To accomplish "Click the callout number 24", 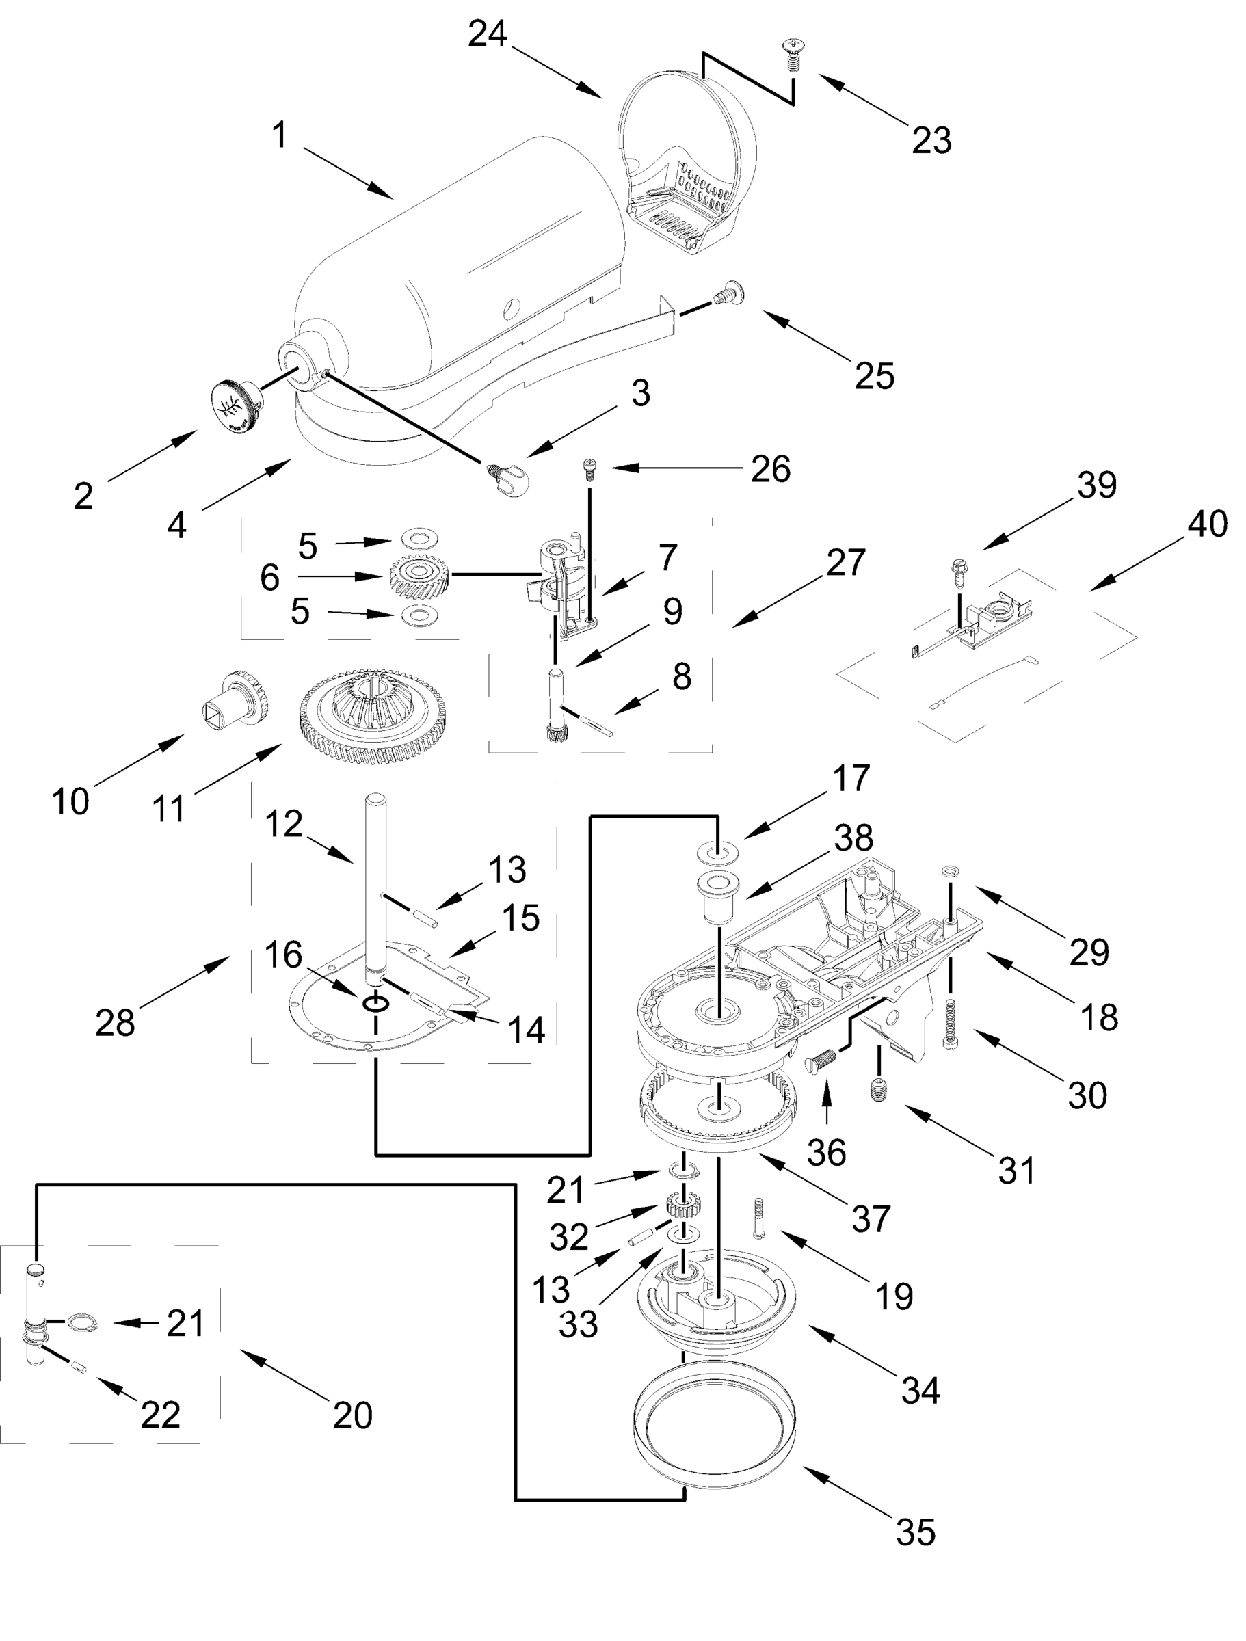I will click(488, 34).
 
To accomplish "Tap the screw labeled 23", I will click(791, 56).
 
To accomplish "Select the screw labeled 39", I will click(957, 572).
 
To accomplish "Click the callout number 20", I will click(352, 1415).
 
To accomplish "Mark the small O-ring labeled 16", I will click(376, 1003).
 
